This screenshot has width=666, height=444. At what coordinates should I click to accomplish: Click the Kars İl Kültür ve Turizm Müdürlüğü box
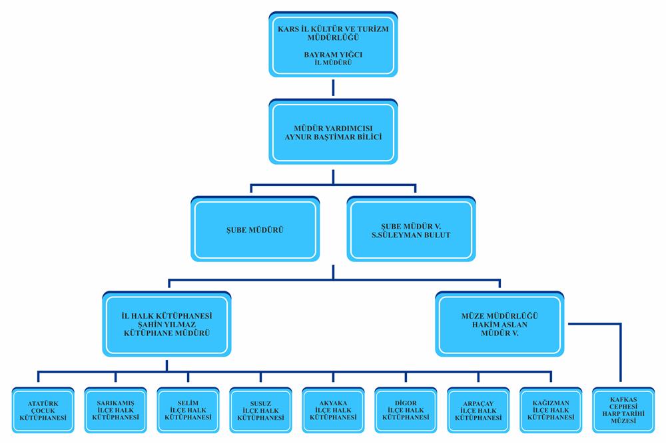[333, 43]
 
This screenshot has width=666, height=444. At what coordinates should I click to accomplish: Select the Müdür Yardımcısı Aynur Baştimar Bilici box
[333, 132]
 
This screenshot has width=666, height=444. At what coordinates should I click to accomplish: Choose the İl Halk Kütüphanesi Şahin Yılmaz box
[167, 323]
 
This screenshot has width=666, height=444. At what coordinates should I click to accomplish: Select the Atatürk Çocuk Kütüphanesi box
[41, 409]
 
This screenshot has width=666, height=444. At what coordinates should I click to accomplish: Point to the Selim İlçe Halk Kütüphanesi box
[187, 409]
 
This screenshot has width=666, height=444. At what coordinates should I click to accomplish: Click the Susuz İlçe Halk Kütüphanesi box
[260, 409]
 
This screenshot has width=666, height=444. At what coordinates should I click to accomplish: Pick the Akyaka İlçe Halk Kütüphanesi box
[333, 409]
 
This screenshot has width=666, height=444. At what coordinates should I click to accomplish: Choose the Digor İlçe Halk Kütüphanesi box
[406, 409]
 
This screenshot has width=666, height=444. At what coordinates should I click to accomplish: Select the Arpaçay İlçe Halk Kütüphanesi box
[478, 409]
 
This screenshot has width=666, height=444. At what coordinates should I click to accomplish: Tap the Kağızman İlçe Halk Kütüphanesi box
[551, 409]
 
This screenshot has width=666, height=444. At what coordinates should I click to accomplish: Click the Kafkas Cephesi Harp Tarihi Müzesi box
[624, 409]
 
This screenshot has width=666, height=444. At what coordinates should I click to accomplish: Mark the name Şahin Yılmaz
[167, 323]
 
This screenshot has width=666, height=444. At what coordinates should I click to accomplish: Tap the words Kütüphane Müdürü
[167, 331]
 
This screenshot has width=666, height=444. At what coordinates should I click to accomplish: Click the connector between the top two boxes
[333, 87]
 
